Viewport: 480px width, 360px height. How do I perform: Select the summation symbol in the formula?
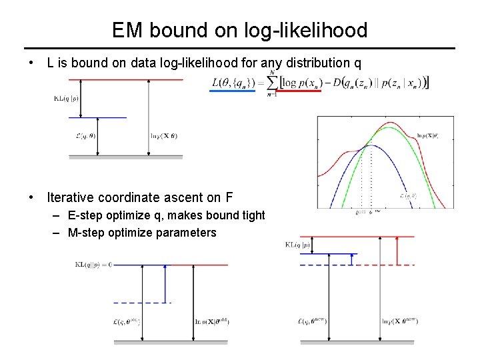(x=273, y=82)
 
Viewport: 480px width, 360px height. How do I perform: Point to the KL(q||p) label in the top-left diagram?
(x=66, y=98)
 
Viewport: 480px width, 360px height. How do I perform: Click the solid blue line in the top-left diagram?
(x=98, y=118)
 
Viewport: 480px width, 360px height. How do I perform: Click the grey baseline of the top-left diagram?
(x=126, y=157)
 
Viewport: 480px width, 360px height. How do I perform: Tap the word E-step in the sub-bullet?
(x=84, y=215)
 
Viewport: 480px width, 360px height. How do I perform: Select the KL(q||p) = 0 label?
(x=93, y=264)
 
